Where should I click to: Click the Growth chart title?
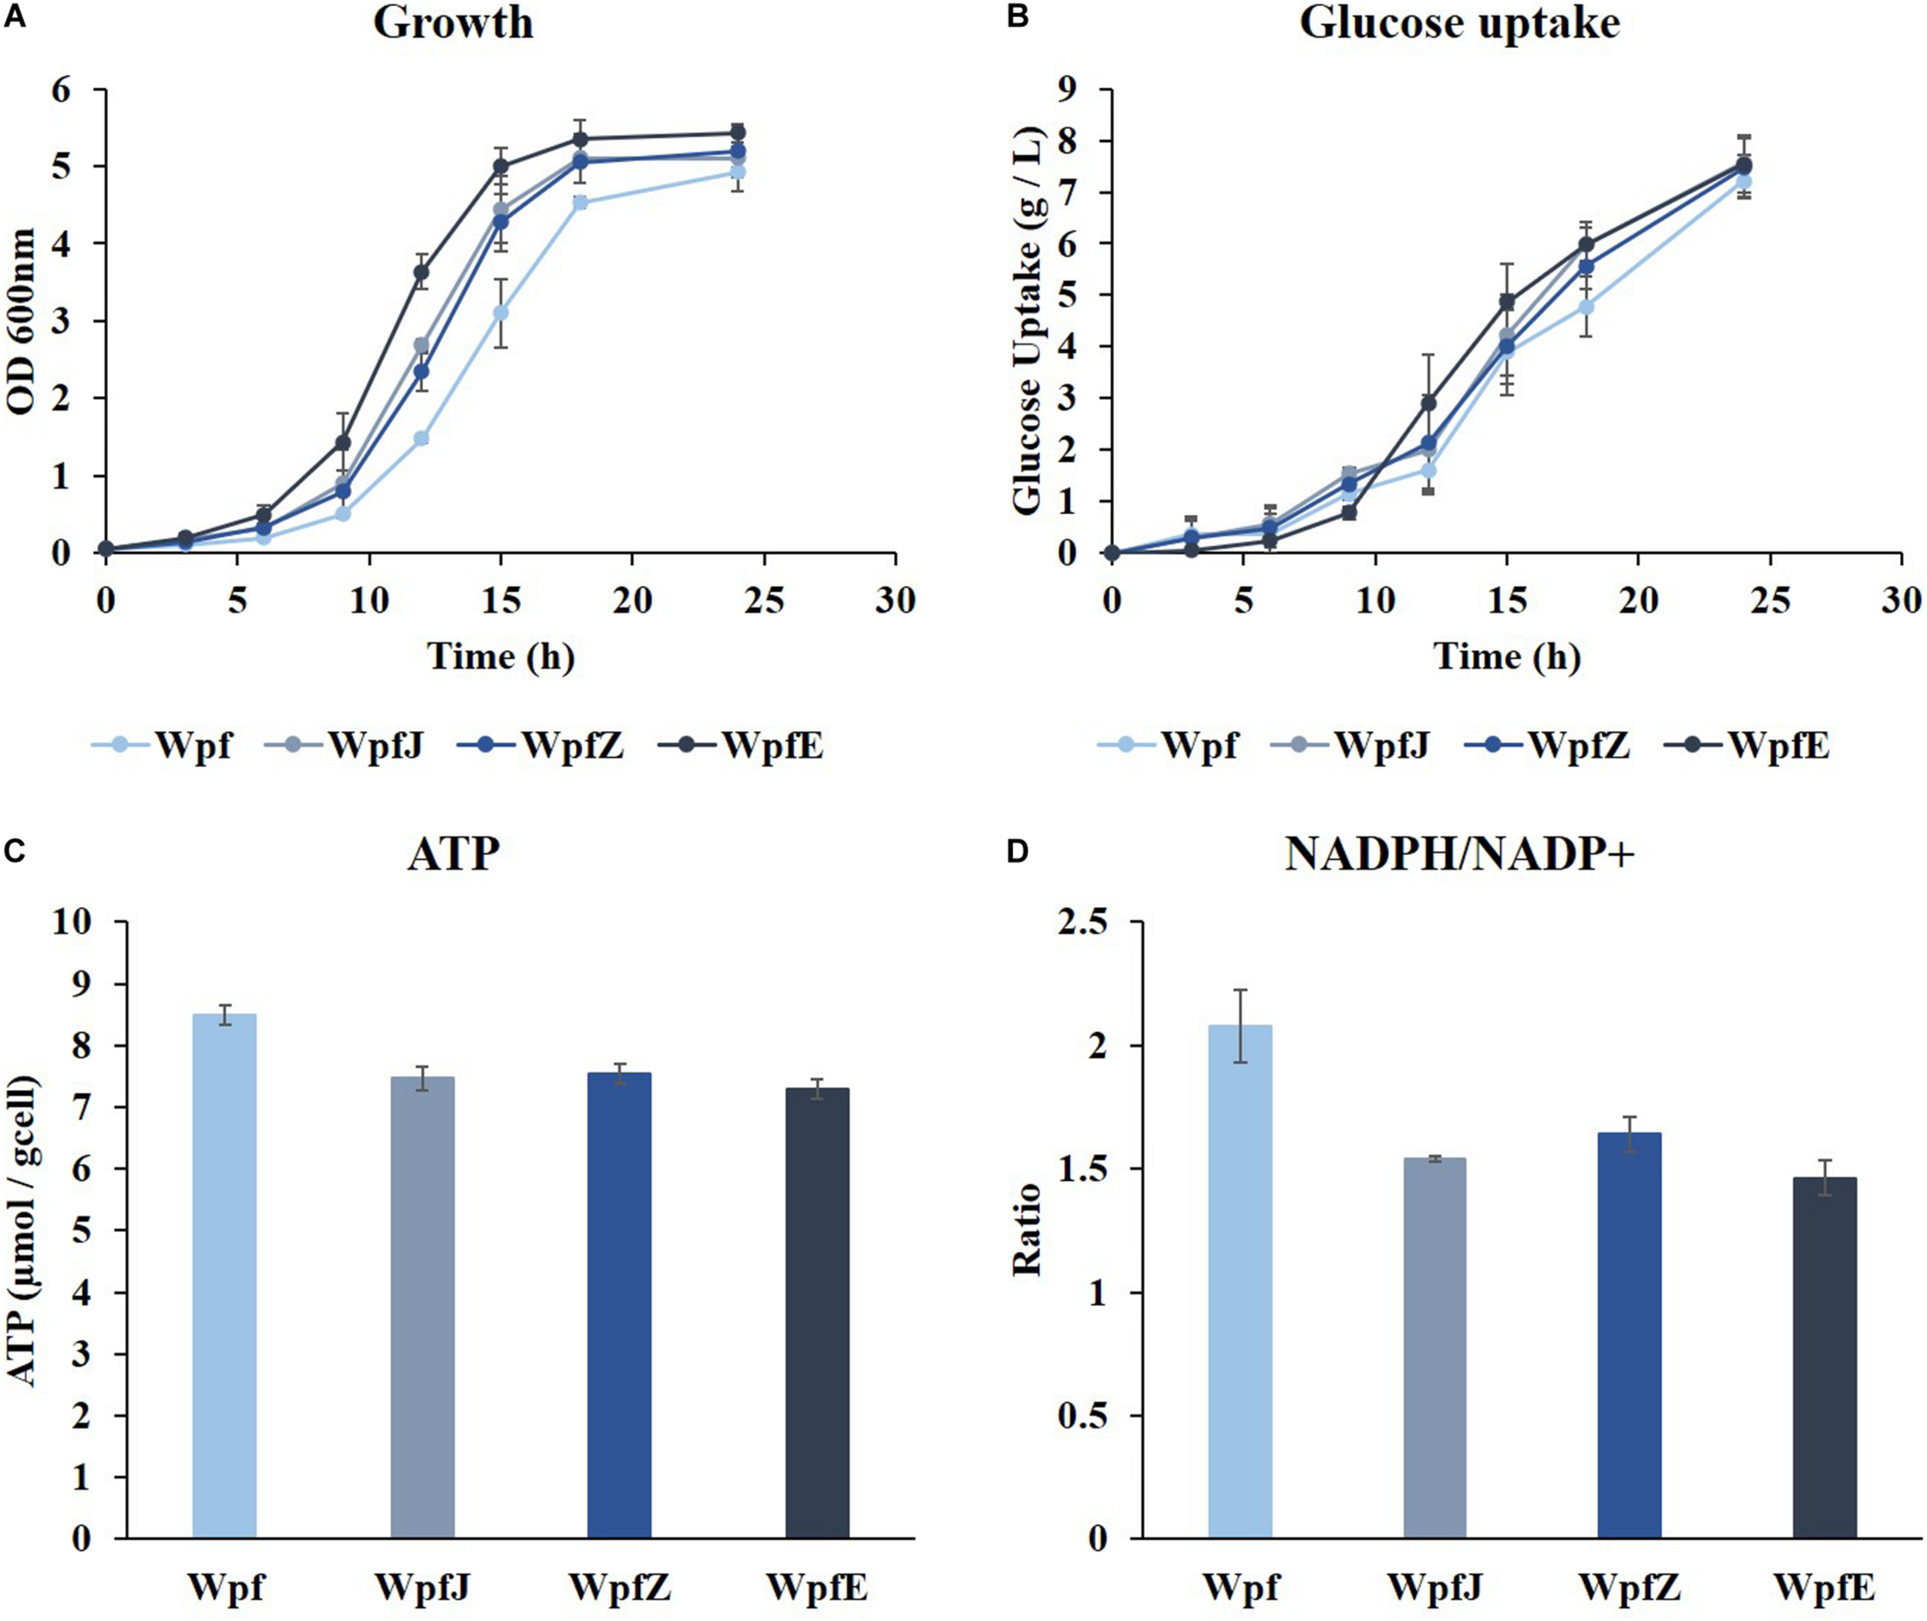[453, 24]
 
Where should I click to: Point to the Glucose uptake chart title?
[1459, 24]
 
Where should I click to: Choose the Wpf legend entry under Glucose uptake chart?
[1167, 745]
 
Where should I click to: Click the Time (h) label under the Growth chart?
[501, 656]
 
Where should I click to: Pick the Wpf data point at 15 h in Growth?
[501, 312]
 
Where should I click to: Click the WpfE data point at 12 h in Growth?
[422, 272]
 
